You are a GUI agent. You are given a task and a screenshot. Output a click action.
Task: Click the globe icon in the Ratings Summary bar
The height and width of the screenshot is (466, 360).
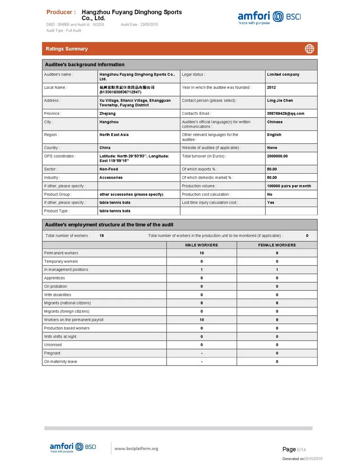309,49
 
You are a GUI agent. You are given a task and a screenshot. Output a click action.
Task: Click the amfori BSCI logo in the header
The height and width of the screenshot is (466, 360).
269,18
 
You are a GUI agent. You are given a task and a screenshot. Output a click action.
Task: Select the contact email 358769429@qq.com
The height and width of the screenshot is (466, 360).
285,113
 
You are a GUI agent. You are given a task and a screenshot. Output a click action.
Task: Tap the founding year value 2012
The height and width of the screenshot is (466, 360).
271,87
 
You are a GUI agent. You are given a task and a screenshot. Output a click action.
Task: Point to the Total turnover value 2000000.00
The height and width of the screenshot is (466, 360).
277,156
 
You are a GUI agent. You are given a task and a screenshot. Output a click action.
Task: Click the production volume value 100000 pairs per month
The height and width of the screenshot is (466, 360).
289,186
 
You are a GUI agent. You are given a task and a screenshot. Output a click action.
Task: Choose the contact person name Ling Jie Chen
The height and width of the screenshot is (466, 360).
280,100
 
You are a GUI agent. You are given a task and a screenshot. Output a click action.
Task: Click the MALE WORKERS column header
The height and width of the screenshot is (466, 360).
202,245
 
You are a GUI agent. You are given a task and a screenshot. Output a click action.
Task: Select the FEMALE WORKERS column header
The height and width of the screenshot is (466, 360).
277,245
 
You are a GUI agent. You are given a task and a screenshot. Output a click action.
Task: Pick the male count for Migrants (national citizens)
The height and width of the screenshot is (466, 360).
202,303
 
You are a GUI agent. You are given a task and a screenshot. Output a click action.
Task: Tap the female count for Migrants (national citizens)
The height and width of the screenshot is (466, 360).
277,303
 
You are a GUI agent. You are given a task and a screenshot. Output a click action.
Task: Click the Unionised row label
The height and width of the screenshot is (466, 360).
53,345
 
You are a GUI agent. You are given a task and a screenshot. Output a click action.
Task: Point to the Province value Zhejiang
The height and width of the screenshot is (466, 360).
107,113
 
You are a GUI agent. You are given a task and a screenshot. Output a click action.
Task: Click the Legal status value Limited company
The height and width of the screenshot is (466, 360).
283,74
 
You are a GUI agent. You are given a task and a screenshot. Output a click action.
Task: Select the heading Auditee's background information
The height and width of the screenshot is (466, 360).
85,64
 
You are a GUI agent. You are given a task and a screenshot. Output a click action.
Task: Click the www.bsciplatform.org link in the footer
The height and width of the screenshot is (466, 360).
136,448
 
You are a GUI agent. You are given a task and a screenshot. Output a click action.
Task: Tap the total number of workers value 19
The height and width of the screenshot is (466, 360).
102,235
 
